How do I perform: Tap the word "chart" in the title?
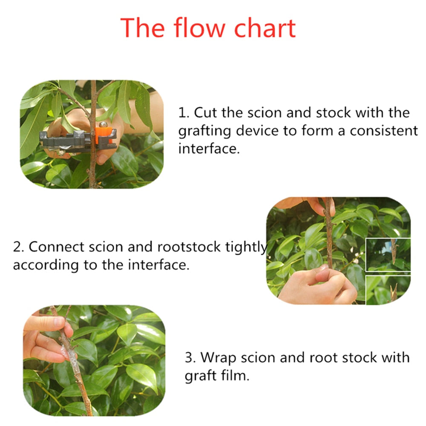265,28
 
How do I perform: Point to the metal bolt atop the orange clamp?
103,124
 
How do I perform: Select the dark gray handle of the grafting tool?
66,139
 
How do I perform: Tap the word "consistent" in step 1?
384,130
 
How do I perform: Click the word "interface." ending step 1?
209,148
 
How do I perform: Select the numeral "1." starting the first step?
184,113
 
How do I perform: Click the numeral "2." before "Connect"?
18,247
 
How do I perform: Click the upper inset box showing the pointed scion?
388,255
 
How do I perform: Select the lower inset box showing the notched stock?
388,290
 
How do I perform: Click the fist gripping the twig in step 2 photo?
317,287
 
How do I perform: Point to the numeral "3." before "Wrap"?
190,357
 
